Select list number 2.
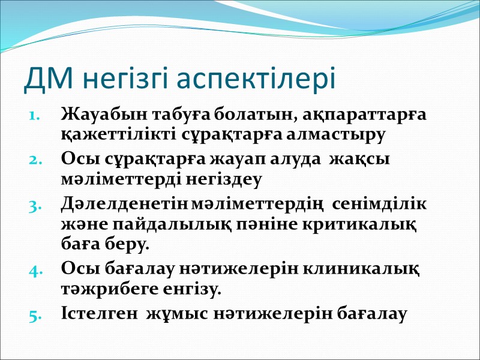point(35,160)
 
